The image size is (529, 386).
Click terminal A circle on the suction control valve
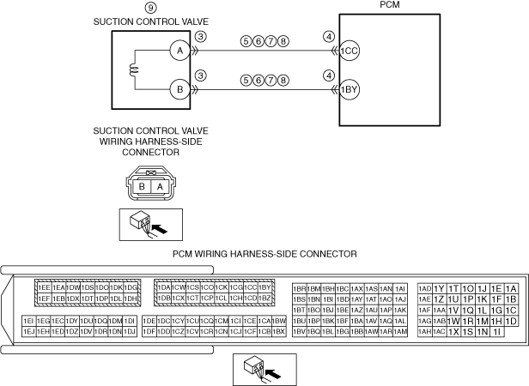179,51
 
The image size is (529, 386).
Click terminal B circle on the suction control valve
179,88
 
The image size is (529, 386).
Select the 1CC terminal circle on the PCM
350,51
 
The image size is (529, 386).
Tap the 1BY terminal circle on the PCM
350,88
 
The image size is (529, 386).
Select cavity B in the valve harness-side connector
142,186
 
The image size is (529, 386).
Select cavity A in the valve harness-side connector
158,186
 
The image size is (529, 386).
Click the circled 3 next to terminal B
200,75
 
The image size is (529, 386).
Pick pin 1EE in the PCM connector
45,287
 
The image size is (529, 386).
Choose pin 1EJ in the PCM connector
28,330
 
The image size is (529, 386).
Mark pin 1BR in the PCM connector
300,288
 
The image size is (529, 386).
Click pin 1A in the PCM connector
511,288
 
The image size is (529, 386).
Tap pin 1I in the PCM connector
497,330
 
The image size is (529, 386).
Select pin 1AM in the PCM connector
399,330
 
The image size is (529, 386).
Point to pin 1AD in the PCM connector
424,288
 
